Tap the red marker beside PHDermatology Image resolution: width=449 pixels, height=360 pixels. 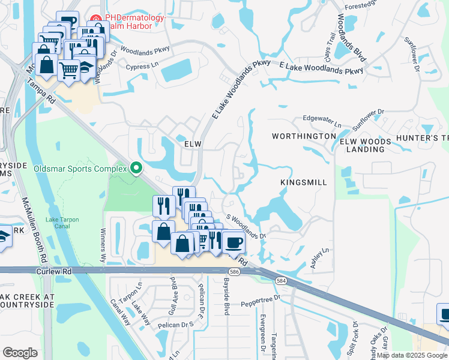(94, 19)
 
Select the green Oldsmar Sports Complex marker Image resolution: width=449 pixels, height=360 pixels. (136, 168)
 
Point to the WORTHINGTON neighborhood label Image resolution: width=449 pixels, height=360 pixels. (303, 136)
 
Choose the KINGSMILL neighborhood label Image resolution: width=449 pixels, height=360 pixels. (304, 181)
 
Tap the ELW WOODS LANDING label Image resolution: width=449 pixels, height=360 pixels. (366, 146)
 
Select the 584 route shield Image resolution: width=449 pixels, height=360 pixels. (280, 280)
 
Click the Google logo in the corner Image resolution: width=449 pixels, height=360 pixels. (20, 352)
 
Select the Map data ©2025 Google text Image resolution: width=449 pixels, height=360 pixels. (411, 355)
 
